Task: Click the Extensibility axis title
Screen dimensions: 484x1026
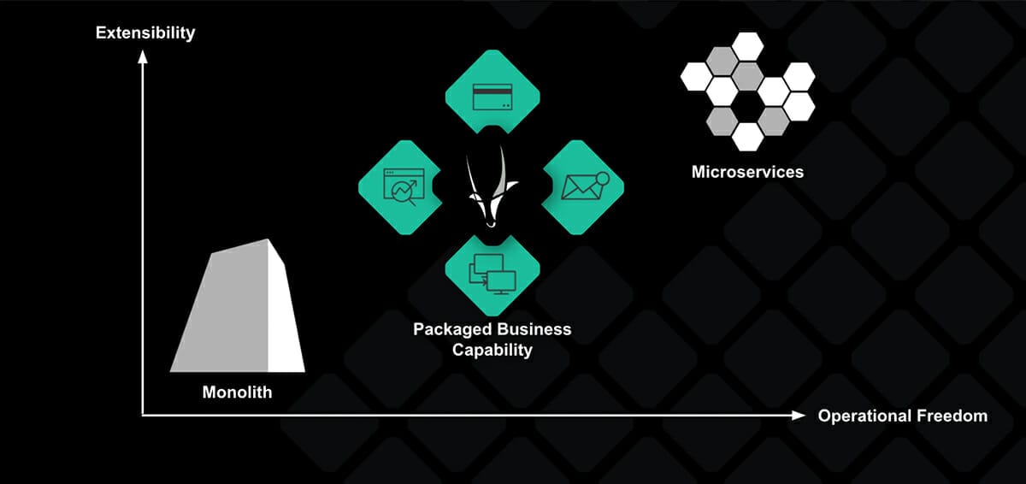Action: click(145, 33)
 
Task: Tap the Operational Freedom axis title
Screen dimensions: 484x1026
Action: click(902, 416)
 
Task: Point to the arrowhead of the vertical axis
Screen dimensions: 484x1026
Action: click(143, 57)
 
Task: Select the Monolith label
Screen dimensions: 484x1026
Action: click(237, 393)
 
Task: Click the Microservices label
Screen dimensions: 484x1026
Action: click(747, 172)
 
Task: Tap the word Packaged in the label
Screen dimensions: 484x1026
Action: click(450, 329)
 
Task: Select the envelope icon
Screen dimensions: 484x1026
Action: click(581, 186)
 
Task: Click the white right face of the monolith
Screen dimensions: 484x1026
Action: click(286, 312)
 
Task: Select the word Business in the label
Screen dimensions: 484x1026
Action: click(530, 329)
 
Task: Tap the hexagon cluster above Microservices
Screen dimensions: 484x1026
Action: click(747, 90)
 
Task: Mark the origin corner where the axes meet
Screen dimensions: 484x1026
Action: click(143, 416)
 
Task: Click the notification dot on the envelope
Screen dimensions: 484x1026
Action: click(601, 177)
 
